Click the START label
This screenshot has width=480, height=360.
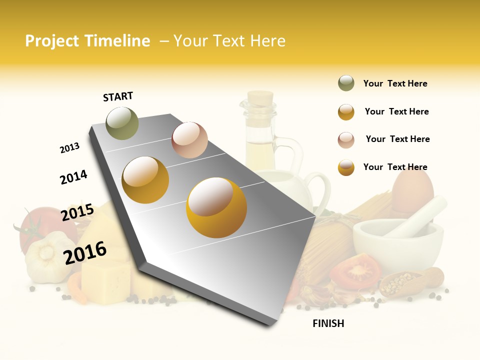click(118, 96)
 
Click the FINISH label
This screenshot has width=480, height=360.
click(328, 323)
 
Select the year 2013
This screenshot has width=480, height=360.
click(69, 148)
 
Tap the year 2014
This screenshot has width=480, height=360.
click(73, 177)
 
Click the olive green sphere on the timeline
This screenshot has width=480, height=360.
click(122, 123)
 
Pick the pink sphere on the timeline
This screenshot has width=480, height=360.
click(189, 140)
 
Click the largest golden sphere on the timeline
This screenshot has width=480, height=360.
click(216, 207)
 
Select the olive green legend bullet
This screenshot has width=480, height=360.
click(346, 83)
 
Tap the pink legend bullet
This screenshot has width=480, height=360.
click(346, 139)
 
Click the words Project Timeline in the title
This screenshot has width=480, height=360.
click(87, 41)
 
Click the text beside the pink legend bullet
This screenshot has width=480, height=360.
click(397, 139)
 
